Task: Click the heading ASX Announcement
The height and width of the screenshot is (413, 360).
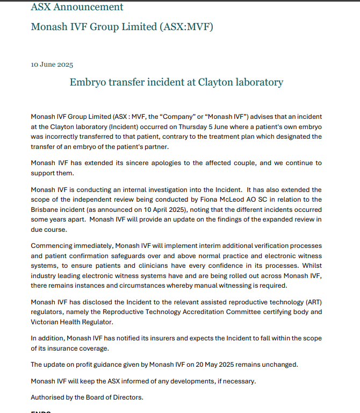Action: point(77,7)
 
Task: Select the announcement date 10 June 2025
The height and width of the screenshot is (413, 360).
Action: point(52,65)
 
